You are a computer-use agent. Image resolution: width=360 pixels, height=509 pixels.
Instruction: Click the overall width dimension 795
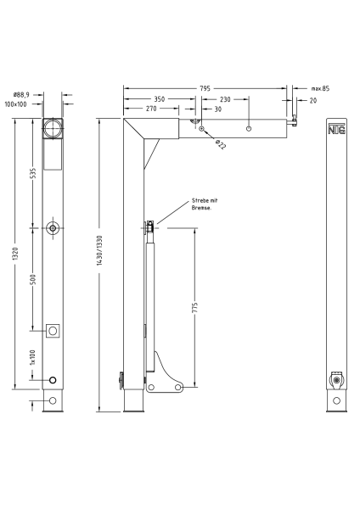205,87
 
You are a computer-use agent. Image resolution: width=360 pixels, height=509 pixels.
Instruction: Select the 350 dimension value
160,98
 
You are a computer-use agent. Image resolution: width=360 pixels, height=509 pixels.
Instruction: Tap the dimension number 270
150,109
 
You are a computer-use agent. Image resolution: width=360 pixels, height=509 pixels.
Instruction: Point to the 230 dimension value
224,98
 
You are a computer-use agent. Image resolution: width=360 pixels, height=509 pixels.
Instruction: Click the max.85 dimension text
320,88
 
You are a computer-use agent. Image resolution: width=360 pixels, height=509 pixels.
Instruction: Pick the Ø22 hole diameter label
220,144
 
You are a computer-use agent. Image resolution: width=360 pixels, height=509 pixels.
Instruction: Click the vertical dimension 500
33,280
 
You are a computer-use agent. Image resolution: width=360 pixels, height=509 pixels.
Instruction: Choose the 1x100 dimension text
33,356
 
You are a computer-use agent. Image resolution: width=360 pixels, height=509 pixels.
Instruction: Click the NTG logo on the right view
337,130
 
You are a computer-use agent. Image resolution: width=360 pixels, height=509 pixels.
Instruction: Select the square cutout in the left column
53,330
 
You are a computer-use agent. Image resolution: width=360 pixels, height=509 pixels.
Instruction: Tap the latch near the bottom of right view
338,379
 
